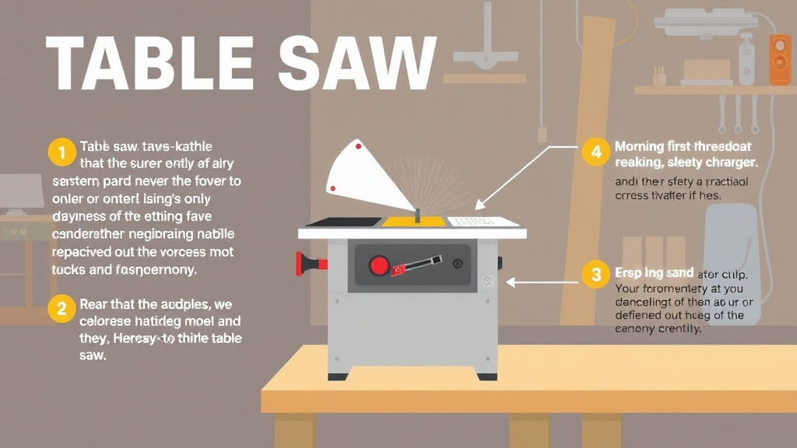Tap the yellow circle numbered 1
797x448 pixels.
tap(60, 152)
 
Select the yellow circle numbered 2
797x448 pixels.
tap(60, 309)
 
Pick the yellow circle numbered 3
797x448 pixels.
tap(596, 275)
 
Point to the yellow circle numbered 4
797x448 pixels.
tap(596, 152)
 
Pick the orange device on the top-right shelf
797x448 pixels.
tap(779, 59)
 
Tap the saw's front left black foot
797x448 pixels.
tap(338, 376)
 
